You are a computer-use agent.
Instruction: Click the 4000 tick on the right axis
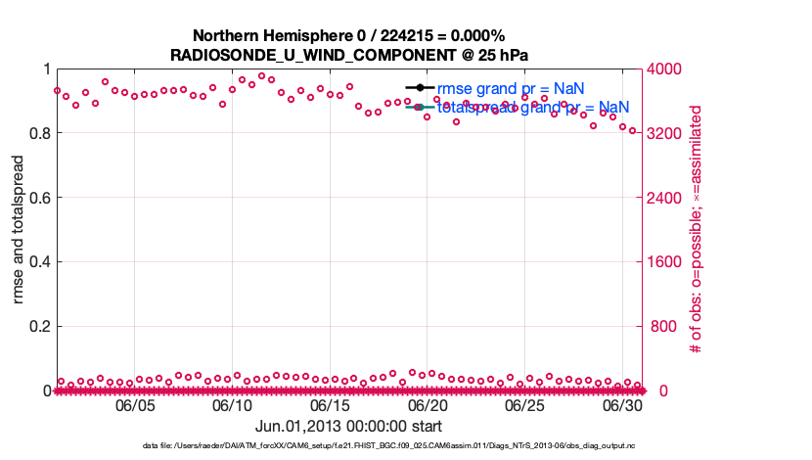664,69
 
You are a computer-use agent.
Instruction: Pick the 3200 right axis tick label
664,133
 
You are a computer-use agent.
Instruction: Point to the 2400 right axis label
664,198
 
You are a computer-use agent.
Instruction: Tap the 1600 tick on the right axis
664,262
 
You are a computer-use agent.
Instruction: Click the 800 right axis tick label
660,327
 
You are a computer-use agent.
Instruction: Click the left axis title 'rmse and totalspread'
19,230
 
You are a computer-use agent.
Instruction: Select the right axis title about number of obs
697,230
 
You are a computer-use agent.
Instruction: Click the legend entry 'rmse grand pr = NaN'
510,88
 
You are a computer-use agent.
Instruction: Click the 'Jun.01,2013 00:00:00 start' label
348,426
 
